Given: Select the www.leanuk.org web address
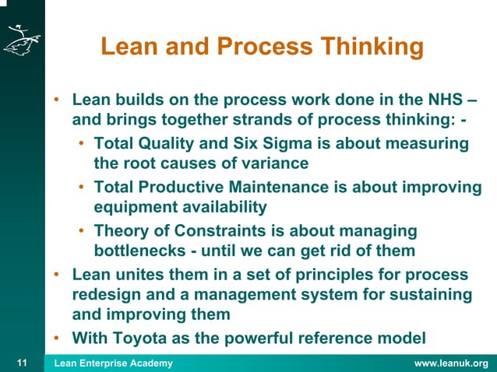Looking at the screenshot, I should (x=451, y=363).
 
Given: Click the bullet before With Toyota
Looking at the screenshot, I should (x=58, y=338).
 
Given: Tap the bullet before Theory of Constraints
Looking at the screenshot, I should (x=82, y=231).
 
